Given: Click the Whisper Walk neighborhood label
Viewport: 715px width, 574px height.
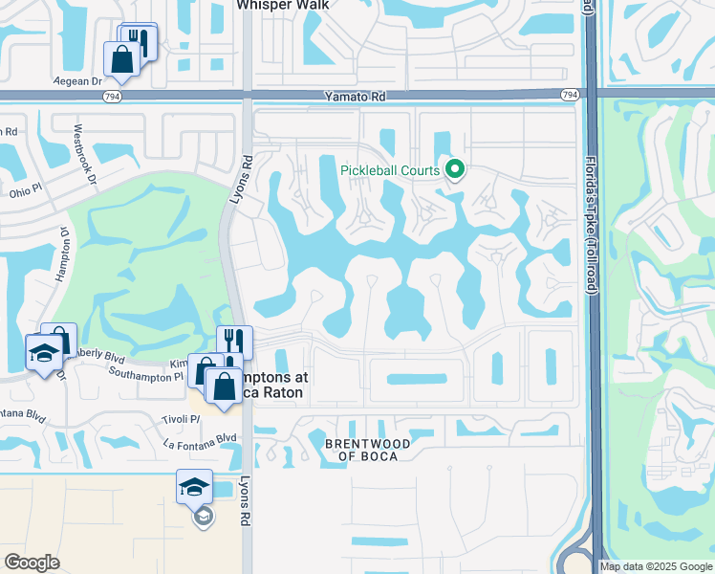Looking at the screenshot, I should tap(283, 5).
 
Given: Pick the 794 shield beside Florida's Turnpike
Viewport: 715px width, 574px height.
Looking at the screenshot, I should tap(570, 95).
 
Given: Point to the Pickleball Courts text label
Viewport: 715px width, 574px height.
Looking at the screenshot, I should tap(390, 171).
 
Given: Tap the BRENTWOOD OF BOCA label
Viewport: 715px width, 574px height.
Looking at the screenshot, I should tap(368, 450).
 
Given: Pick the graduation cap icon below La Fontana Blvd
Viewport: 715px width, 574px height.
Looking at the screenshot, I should tap(195, 486).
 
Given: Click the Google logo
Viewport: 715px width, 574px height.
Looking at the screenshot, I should tap(32, 563).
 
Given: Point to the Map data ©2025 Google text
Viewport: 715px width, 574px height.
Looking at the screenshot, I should tap(656, 566).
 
